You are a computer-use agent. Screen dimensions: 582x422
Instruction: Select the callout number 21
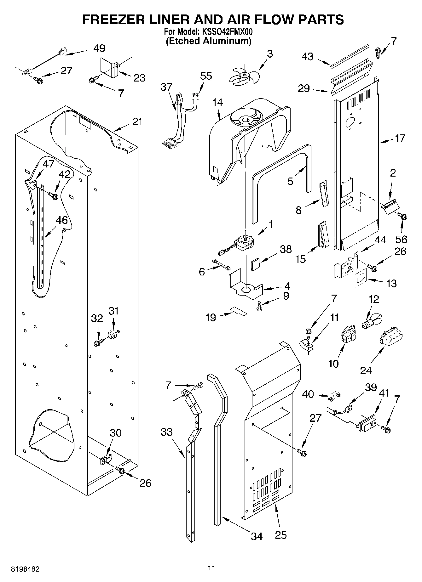pyautogui.click(x=137, y=121)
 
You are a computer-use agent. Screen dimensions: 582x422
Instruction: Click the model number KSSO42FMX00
pyautogui.click(x=226, y=31)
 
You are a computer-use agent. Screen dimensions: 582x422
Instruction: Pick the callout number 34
pyautogui.click(x=257, y=536)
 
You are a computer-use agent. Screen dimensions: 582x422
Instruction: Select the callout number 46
pyautogui.click(x=62, y=220)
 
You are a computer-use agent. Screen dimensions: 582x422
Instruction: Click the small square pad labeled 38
pyautogui.click(x=255, y=263)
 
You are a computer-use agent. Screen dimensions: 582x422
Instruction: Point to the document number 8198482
pyautogui.click(x=25, y=569)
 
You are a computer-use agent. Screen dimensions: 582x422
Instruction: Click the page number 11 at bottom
pyautogui.click(x=211, y=568)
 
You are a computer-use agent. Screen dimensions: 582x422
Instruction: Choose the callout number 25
pyautogui.click(x=280, y=535)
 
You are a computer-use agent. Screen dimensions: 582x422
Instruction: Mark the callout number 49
pyautogui.click(x=99, y=48)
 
